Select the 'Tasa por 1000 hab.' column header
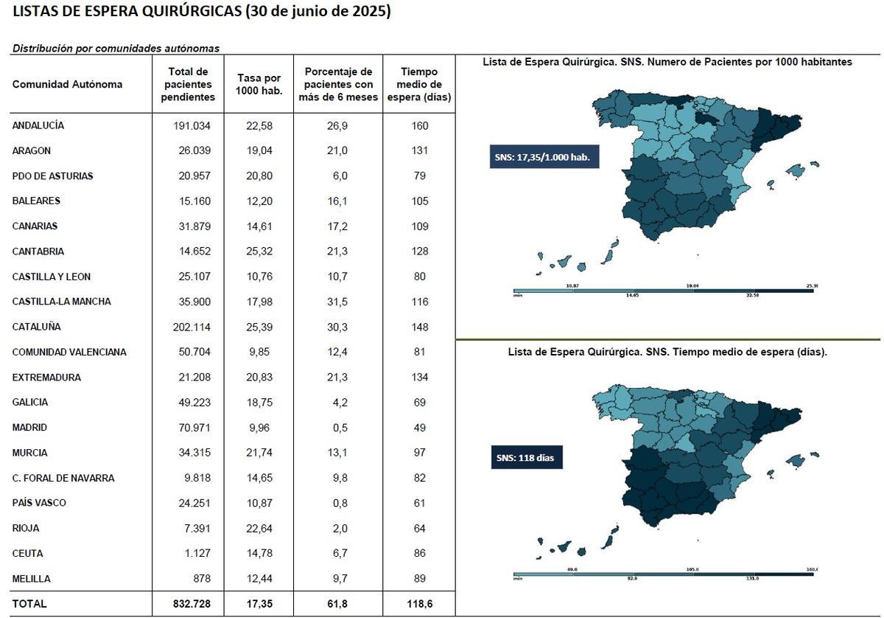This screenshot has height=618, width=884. pyautogui.click(x=259, y=84)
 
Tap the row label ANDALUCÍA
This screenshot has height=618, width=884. pyautogui.click(x=38, y=125)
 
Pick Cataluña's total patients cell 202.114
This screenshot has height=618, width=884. pyautogui.click(x=191, y=327)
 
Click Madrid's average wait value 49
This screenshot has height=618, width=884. pyautogui.click(x=420, y=428)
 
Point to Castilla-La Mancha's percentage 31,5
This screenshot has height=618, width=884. pyautogui.click(x=337, y=302)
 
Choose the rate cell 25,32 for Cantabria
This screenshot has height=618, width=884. pyautogui.click(x=259, y=251)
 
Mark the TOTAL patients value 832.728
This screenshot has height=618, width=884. pyautogui.click(x=191, y=603)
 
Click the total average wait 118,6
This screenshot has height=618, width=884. pyautogui.click(x=420, y=603)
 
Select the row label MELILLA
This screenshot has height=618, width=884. pyautogui.click(x=32, y=579)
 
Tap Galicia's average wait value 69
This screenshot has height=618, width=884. pyautogui.click(x=420, y=403)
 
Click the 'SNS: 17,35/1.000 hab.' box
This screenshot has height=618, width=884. pyautogui.click(x=544, y=157)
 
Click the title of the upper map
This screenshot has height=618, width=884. pyautogui.click(x=667, y=63)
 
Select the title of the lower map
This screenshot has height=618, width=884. pyautogui.click(x=667, y=353)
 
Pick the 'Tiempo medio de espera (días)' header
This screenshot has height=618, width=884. pyautogui.click(x=420, y=84)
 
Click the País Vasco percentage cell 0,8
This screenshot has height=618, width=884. pyautogui.click(x=337, y=503)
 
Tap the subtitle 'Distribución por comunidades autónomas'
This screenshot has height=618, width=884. pyautogui.click(x=116, y=48)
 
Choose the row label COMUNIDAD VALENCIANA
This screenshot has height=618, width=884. pyautogui.click(x=69, y=353)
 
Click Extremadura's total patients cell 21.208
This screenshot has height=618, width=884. pyautogui.click(x=191, y=378)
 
